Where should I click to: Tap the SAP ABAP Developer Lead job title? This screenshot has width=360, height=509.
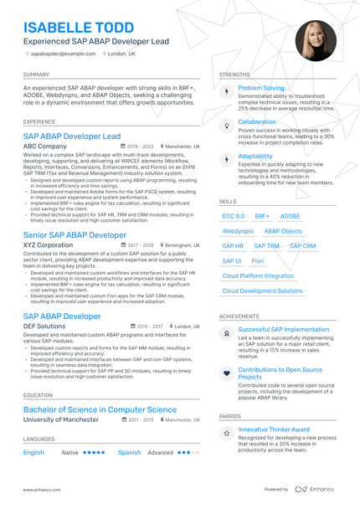(x=72, y=136)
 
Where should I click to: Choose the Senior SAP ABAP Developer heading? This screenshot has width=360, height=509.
(x=75, y=235)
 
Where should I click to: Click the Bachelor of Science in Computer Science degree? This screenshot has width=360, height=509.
(x=100, y=409)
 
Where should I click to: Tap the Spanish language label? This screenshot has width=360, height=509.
(x=129, y=452)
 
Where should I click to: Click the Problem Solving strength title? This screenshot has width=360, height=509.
(x=261, y=88)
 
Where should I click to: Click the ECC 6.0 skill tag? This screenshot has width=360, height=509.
(x=234, y=216)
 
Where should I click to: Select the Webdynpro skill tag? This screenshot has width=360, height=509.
(x=238, y=231)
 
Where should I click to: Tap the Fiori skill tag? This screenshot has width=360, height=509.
(x=258, y=261)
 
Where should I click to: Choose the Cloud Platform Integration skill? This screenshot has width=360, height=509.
(x=258, y=276)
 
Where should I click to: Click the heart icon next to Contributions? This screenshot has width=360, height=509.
(x=226, y=373)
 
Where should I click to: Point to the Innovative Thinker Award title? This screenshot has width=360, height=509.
(x=274, y=429)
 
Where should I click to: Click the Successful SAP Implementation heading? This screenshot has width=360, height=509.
(x=283, y=329)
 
